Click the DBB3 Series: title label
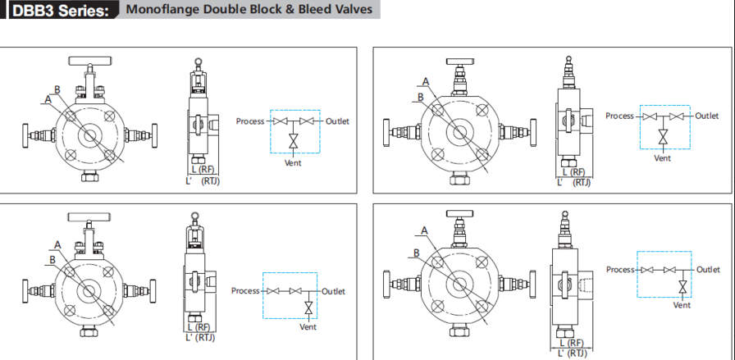(x=57, y=11)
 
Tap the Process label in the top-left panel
(x=250, y=121)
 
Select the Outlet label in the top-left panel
(x=337, y=121)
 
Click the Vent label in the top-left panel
(x=293, y=162)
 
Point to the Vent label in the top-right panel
(x=662, y=157)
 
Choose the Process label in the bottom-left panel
(x=245, y=291)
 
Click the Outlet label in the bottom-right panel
(x=708, y=270)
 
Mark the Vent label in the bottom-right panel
(x=682, y=305)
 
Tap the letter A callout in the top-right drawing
(x=426, y=80)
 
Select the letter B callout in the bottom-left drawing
(x=52, y=259)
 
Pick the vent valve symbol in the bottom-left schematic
(x=308, y=308)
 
